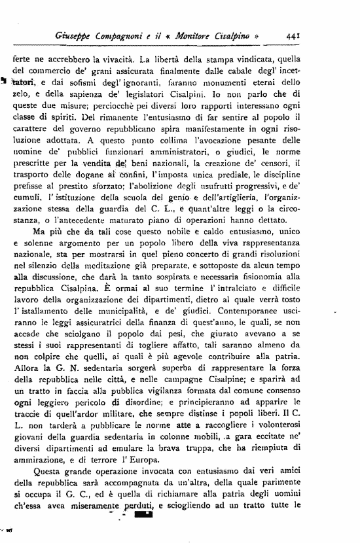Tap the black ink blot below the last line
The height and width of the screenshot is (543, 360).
pos(142,516)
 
